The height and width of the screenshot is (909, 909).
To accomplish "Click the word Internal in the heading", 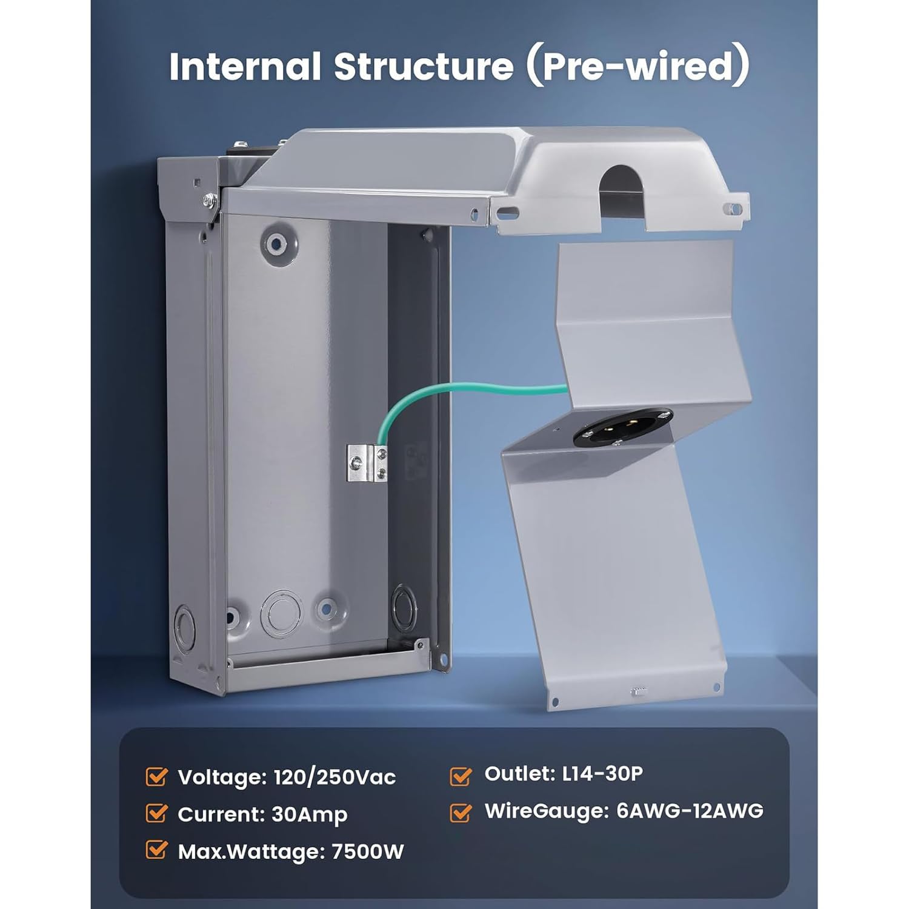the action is [x=245, y=66].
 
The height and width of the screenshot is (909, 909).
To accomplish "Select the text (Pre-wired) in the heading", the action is [x=637, y=66].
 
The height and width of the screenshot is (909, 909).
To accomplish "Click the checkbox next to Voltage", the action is [x=156, y=776].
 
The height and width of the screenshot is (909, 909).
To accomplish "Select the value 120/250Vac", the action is [x=335, y=777].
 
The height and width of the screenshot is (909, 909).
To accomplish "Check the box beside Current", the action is [x=156, y=813].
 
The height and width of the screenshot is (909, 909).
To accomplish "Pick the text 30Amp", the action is [x=310, y=815].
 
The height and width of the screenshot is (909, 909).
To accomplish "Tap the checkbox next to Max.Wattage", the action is [x=156, y=850].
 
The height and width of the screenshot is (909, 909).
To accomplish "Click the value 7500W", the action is [x=368, y=851].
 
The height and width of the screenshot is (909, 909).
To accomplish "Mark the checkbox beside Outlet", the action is [x=461, y=775].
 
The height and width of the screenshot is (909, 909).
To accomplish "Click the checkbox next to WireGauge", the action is [x=461, y=812].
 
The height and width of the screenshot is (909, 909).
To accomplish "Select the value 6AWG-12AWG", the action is [x=690, y=811].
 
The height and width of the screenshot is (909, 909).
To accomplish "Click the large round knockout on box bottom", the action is [x=281, y=612].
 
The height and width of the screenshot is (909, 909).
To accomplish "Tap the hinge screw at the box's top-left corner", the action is [x=210, y=198].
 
